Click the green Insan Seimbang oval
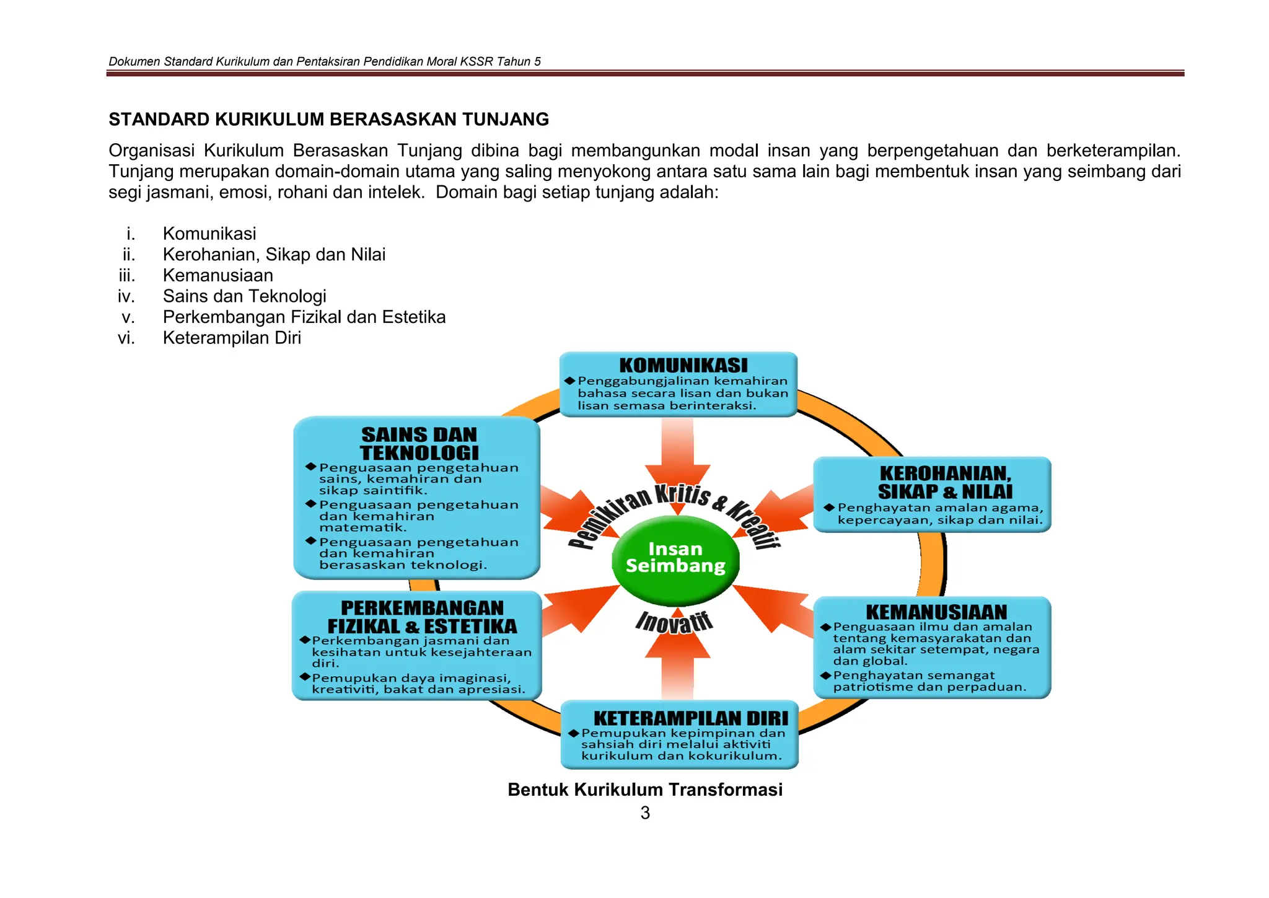coord(675,560)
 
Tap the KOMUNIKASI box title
coord(683,366)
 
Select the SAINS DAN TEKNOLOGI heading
coord(419,444)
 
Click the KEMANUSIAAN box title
coord(936,612)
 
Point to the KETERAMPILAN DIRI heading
coord(691,718)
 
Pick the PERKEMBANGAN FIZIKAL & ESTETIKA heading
coord(422,617)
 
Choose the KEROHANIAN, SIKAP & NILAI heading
coord(945,482)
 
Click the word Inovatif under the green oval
coord(674,622)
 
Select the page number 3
coord(645,813)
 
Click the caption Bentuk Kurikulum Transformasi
coord(645,790)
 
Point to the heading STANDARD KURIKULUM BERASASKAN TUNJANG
coord(329,119)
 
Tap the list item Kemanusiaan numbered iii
coord(218,275)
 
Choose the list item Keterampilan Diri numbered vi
coord(232,338)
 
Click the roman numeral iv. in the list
coord(126,296)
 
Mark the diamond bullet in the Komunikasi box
coord(569,381)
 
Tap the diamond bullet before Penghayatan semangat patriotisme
coord(825,675)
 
